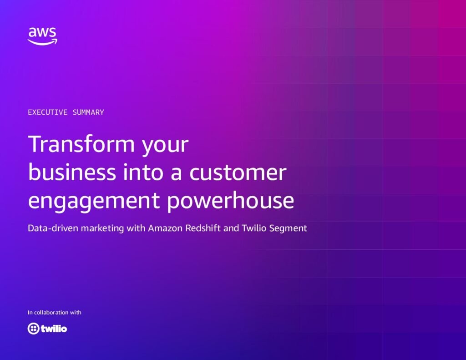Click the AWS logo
point(42,36)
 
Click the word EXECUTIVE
point(47,112)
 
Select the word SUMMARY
point(88,112)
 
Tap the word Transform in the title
point(81,144)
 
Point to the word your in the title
point(165,146)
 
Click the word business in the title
point(72,172)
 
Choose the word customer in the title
point(238,172)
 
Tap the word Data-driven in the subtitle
point(53,228)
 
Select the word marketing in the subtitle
point(102,228)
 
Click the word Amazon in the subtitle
point(165,228)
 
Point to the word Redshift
point(203,228)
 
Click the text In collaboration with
point(55,312)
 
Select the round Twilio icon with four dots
point(33,329)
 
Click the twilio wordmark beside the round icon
point(54,329)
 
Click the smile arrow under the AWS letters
point(42,42)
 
